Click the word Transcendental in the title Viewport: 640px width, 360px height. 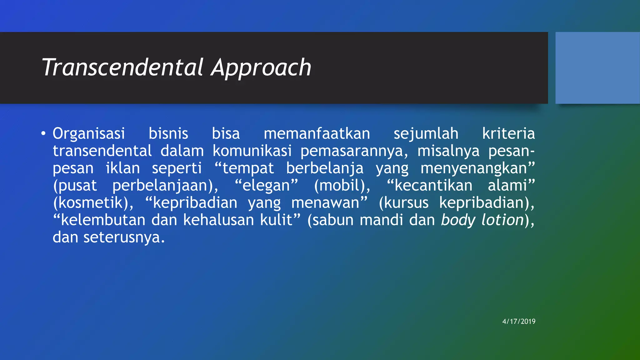coord(123,67)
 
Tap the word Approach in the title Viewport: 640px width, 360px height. coord(261,68)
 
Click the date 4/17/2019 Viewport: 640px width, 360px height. coord(519,321)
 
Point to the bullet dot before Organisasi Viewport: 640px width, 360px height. coord(43,134)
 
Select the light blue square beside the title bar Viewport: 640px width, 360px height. coord(597,68)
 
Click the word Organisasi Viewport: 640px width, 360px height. coord(89,134)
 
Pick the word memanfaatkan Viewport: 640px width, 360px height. coord(317,134)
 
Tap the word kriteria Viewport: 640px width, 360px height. coord(508,134)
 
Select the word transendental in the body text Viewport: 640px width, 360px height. coord(102,151)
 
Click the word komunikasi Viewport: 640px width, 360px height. coord(252,151)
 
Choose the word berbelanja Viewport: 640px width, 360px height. coord(325,168)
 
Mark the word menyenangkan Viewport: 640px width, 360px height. coord(474,168)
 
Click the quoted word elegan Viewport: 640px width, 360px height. coord(266,186)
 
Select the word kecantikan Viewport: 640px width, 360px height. coord(433,186)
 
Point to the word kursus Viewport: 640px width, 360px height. coord(406,203)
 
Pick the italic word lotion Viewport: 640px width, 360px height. coord(502,220)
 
